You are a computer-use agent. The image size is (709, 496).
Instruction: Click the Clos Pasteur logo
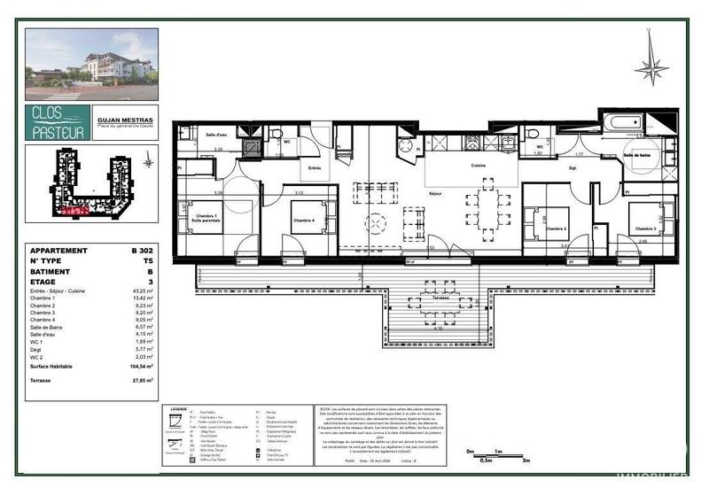[x=58, y=122]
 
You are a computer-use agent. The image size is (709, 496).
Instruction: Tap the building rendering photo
[x=92, y=64]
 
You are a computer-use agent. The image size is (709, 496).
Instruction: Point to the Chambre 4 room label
[x=303, y=218]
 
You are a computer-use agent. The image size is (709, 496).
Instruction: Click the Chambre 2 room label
[x=556, y=229]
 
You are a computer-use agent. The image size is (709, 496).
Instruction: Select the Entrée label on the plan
[x=313, y=167]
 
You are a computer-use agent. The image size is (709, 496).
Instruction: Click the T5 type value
[x=150, y=263]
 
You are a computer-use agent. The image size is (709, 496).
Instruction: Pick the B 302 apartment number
[x=143, y=252]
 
